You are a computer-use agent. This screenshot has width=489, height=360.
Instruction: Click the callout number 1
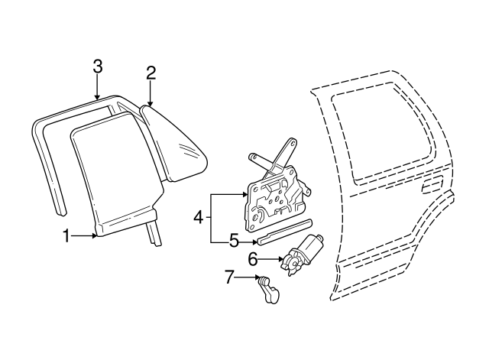point(66,236)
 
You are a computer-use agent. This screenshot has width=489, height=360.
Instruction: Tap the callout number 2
point(151,73)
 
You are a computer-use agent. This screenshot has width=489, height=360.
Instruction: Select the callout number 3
point(98,66)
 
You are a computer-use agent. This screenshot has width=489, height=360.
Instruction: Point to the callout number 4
point(199,217)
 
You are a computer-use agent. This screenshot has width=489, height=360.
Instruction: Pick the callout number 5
point(235,242)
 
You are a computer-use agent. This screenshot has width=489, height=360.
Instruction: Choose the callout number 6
point(253,259)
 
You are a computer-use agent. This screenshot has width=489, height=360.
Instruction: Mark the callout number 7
point(229,277)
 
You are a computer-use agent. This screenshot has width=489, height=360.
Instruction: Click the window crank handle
point(268,289)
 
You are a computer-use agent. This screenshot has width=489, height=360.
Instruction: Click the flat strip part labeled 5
point(284,232)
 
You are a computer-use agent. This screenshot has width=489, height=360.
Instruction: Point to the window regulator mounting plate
point(274,199)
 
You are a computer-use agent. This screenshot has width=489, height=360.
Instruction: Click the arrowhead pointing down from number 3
point(98,97)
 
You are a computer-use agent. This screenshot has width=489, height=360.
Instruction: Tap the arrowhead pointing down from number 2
point(151,103)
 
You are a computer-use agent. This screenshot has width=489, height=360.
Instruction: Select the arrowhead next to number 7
point(257,277)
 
